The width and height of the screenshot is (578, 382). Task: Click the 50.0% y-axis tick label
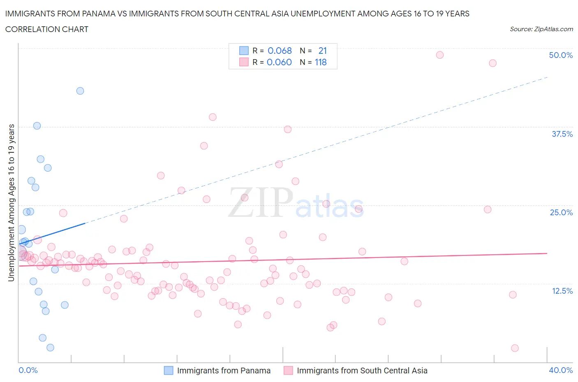click(x=560, y=55)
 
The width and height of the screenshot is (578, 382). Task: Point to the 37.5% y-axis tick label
click(x=562, y=134)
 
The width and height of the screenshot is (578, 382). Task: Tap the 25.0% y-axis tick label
click(x=561, y=212)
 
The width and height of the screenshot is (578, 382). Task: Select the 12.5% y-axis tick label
click(x=562, y=291)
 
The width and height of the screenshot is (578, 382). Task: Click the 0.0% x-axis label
click(x=28, y=370)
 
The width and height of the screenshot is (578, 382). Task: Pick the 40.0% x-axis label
click(x=560, y=370)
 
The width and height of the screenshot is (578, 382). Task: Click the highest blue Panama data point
click(x=80, y=91)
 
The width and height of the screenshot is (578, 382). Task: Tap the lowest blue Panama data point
click(x=50, y=347)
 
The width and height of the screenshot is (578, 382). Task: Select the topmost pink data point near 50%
click(x=439, y=55)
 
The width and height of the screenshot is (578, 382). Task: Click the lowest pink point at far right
click(x=515, y=348)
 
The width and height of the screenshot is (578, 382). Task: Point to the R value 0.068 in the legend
click(x=280, y=51)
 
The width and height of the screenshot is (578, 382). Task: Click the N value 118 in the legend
click(x=321, y=62)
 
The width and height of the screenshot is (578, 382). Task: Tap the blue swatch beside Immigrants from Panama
click(x=169, y=370)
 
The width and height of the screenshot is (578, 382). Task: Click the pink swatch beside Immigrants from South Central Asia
click(x=289, y=370)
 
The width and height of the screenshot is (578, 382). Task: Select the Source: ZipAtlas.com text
click(x=541, y=29)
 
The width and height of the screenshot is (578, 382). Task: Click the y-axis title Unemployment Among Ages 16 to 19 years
click(x=11, y=203)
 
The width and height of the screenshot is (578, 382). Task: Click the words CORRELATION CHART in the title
click(x=47, y=29)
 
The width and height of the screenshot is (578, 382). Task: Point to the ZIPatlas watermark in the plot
click(x=296, y=203)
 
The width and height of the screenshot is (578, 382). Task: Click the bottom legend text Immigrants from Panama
click(x=224, y=370)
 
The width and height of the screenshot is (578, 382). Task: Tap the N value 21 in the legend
click(x=322, y=51)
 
